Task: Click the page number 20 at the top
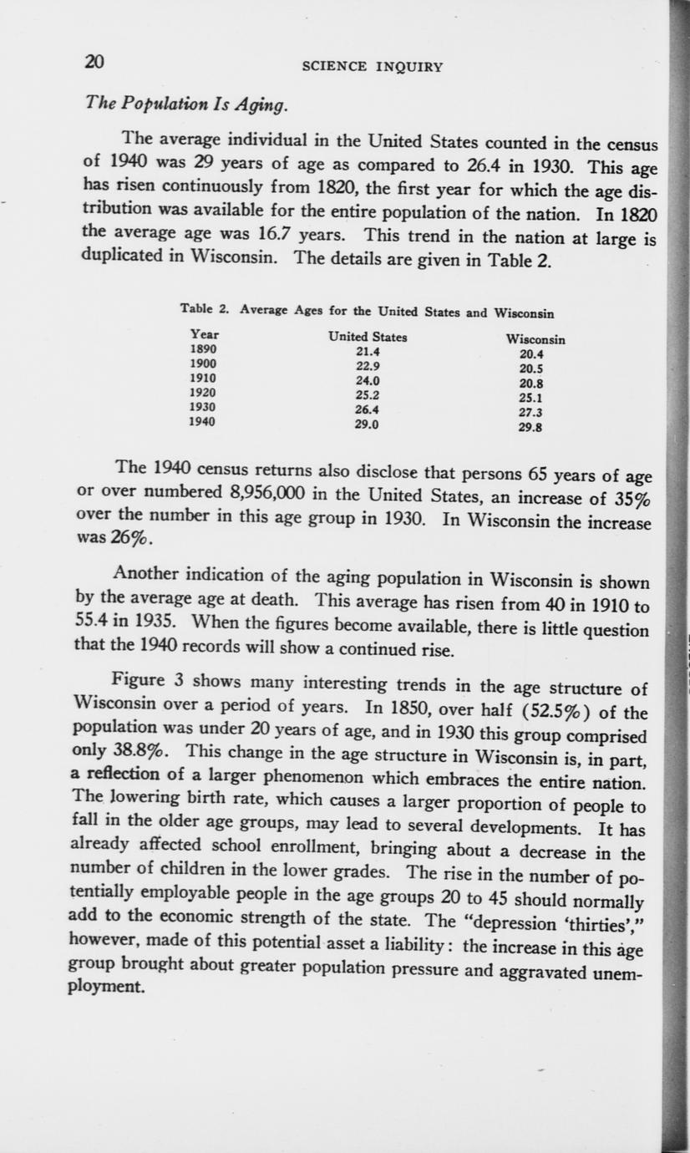94,62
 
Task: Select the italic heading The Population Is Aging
187,104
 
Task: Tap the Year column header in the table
205,336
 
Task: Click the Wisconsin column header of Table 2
535,340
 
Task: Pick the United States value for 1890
368,352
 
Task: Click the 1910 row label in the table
204,378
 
